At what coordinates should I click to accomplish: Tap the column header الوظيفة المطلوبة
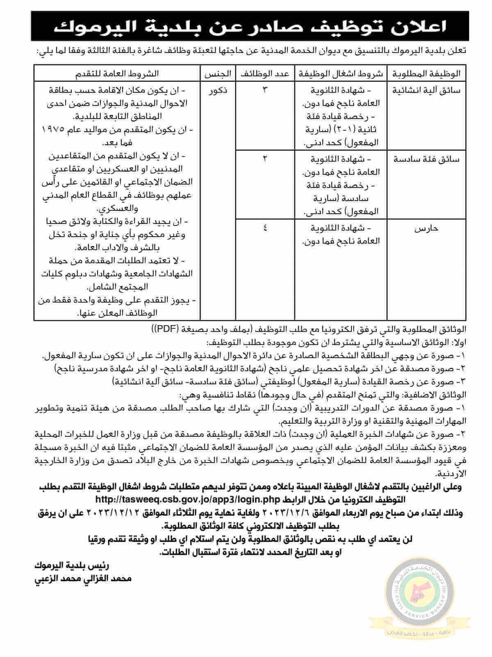coord(427,74)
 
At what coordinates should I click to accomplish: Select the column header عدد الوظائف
coord(264,74)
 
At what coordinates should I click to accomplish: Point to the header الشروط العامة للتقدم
coord(117,74)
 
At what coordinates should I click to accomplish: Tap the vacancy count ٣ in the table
coord(264,90)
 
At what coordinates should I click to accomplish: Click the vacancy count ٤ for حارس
coord(264,228)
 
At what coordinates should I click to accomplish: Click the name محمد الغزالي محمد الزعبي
coord(84,579)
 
